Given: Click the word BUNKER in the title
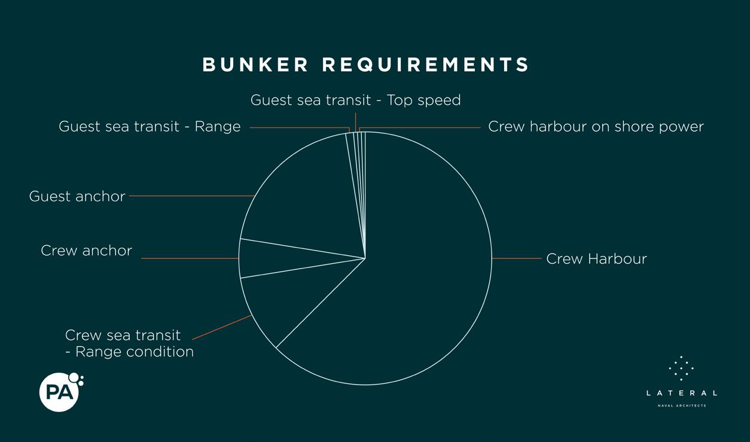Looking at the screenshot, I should tap(255, 65).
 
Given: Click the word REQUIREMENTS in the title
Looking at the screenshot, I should tap(426, 65).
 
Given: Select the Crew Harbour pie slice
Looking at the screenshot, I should tap(419, 269).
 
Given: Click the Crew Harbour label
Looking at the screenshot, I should tap(596, 259).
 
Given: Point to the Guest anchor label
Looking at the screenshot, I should tap(77, 196).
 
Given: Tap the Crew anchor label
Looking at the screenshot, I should tap(86, 251).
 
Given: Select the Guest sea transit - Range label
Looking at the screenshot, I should tap(150, 127).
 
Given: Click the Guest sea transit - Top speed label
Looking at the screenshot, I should tap(355, 100).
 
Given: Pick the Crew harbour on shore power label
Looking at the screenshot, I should tap(596, 127).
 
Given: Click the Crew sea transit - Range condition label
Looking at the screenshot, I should tap(129, 343).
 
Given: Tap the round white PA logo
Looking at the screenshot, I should tap(59, 392).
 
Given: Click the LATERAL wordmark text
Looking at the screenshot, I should tap(681, 393).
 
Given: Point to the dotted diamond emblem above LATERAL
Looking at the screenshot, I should tap(681, 368).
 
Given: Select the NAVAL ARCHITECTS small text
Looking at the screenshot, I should tap(681, 406).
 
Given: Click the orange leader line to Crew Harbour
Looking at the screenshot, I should tap(517, 258).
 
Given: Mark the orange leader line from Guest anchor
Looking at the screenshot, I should tap(191, 196).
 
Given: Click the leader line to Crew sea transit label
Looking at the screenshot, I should tap(221, 328).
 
